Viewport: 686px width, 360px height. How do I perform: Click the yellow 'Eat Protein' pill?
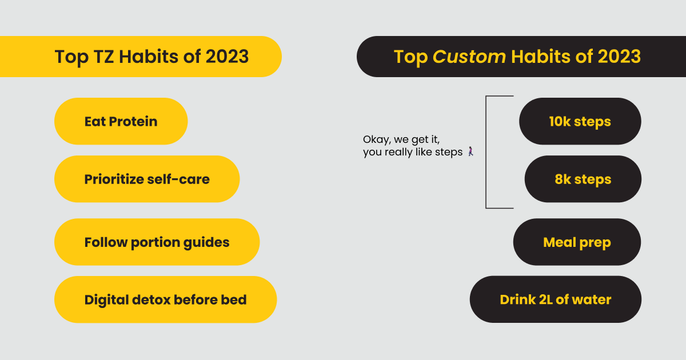click(121, 121)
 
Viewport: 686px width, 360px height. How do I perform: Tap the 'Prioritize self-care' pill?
click(147, 179)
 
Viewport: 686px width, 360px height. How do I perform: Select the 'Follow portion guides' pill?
click(157, 242)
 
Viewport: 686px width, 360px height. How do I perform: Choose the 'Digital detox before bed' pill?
click(165, 299)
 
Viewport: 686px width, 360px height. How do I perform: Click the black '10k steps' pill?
click(580, 121)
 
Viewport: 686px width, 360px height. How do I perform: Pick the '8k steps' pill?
click(583, 179)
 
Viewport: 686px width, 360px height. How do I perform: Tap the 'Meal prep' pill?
click(577, 242)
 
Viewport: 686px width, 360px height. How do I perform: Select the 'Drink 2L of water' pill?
click(556, 299)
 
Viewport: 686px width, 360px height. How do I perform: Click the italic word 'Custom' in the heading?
click(469, 57)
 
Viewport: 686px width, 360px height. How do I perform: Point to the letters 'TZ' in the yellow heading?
click(103, 57)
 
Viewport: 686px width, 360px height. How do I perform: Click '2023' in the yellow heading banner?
click(227, 57)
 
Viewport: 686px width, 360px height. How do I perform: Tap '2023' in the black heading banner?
click(619, 57)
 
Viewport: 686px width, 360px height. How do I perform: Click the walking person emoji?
click(470, 151)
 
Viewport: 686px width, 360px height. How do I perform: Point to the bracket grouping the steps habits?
click(486, 152)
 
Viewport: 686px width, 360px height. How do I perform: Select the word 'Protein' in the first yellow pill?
click(133, 122)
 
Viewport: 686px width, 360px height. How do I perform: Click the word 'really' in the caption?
click(398, 152)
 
